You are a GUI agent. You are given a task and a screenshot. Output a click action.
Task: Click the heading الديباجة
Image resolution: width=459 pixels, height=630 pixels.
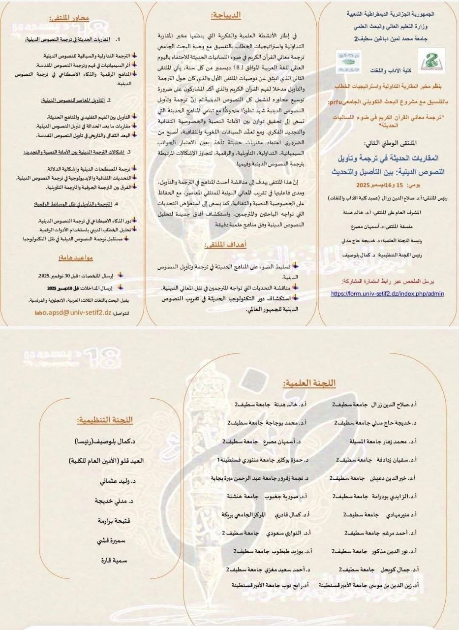click(226, 16)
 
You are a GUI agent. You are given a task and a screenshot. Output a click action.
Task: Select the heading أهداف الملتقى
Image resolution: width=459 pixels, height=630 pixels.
click(226, 245)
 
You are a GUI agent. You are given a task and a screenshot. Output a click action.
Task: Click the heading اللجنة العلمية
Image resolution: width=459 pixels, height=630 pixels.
click(309, 383)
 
